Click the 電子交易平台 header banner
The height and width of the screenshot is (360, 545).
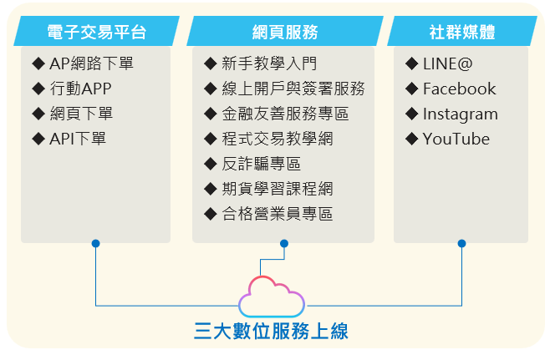(97, 31)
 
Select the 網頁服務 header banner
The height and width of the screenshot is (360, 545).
(285, 31)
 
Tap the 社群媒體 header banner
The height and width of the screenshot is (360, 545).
(462, 31)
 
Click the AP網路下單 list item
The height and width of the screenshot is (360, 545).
(91, 63)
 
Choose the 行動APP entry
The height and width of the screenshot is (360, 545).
(80, 89)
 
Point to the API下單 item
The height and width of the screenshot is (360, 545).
(78, 139)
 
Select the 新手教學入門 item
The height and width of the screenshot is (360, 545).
(269, 63)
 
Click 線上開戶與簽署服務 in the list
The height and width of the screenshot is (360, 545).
(293, 89)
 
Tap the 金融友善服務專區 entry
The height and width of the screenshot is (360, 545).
(285, 114)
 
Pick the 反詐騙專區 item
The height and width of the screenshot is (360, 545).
(262, 164)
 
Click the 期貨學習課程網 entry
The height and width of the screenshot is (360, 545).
(278, 189)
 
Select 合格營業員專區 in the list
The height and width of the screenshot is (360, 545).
(278, 214)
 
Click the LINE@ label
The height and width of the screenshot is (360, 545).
(448, 63)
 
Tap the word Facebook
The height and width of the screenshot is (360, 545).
(459, 89)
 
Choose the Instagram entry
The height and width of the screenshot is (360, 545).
(461, 114)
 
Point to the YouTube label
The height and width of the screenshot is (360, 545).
(456, 139)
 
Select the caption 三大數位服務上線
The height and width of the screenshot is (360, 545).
(271, 331)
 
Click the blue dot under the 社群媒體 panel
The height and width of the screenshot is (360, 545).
(461, 243)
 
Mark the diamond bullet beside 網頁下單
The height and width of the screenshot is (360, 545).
(38, 114)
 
